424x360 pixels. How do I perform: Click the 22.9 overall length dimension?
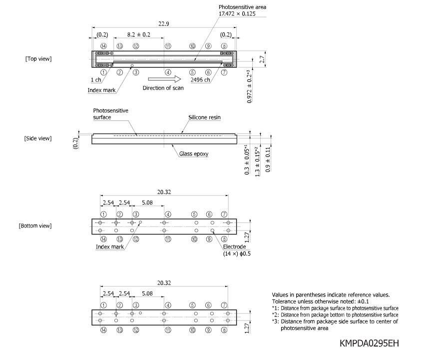pyautogui.click(x=164, y=24)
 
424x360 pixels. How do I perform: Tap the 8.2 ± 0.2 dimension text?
pyautogui.click(x=139, y=34)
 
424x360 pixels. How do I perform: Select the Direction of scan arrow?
pyautogui.click(x=164, y=79)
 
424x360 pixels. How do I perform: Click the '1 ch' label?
pyautogui.click(x=96, y=80)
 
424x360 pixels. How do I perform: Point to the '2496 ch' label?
pyautogui.click(x=200, y=80)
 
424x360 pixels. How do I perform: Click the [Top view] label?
pyautogui.click(x=38, y=58)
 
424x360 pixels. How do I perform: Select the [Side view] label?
pyautogui.click(x=38, y=138)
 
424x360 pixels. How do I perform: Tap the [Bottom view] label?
pyautogui.click(x=35, y=225)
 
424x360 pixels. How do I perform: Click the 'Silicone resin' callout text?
pyautogui.click(x=204, y=117)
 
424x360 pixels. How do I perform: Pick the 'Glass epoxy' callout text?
pyautogui.click(x=194, y=153)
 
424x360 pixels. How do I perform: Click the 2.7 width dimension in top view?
pyautogui.click(x=262, y=59)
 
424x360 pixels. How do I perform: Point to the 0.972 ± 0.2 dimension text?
pyautogui.click(x=249, y=86)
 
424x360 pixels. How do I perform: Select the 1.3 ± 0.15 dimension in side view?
pyautogui.click(x=257, y=161)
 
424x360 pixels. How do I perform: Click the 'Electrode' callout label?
pyautogui.click(x=234, y=246)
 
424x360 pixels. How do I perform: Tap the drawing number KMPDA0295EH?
pyautogui.click(x=369, y=343)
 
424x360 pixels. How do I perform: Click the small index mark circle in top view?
pyautogui.click(x=132, y=65)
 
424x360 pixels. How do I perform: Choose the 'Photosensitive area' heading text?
pyautogui.click(x=242, y=7)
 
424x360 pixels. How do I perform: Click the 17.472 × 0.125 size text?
pyautogui.click(x=237, y=14)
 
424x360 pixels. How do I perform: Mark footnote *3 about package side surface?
pyautogui.click(x=335, y=325)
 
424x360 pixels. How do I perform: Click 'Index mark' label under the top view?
pyautogui.click(x=101, y=90)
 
